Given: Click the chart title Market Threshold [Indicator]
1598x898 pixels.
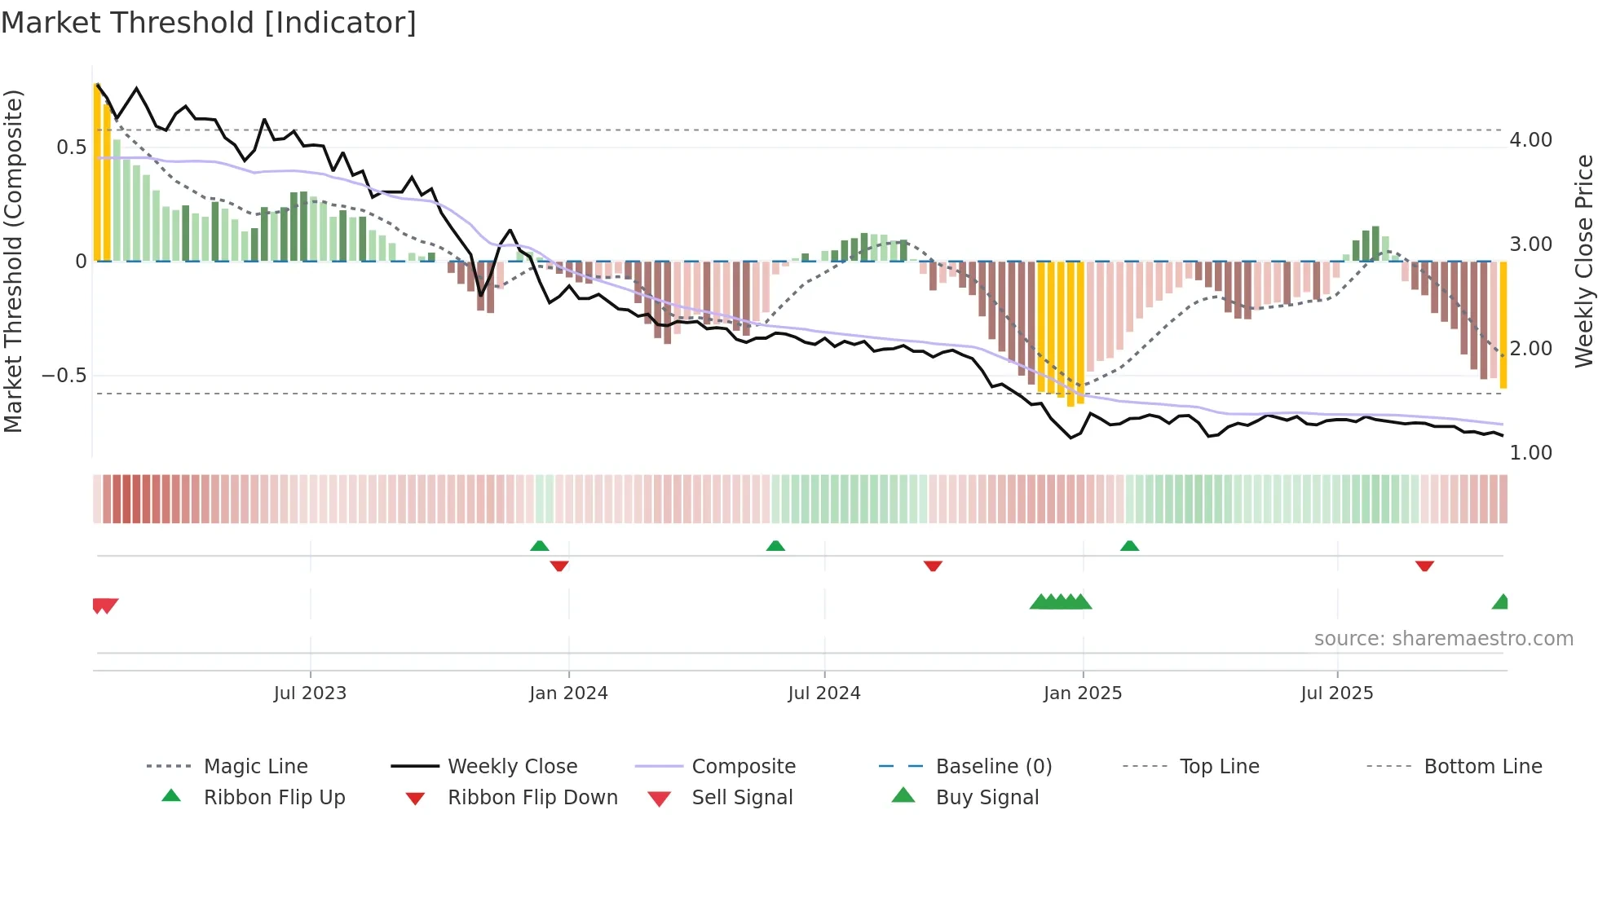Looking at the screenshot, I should coord(209,23).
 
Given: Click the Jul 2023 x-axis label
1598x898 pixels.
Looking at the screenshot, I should coord(310,693).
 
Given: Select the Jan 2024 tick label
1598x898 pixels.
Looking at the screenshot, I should coord(568,693).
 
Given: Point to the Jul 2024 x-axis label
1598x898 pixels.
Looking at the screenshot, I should coord(823,693).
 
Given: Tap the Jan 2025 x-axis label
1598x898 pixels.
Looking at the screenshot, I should coord(1082,693).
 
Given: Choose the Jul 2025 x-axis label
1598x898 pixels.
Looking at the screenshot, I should coord(1336,693).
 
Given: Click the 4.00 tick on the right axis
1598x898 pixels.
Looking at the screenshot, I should coord(1530,140).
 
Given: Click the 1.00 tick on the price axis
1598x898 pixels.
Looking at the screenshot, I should coord(1530,453).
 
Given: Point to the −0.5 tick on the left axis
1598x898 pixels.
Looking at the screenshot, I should coord(64,376).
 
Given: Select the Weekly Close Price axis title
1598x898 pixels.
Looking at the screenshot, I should coord(1583,261).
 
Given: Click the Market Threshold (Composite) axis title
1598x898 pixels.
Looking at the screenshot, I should coord(13,261).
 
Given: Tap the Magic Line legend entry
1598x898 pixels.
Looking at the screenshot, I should coord(255,767).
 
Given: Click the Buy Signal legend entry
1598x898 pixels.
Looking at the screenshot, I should coord(987,798).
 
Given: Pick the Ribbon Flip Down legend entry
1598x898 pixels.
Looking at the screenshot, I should coord(532,798).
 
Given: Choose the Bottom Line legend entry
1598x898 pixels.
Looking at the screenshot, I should coord(1482,767).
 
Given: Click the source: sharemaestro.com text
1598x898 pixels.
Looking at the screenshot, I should coord(1443,639).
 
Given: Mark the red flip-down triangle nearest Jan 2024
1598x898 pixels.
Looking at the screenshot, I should coord(559,566).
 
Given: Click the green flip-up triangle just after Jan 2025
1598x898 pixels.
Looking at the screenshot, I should coord(1129,546).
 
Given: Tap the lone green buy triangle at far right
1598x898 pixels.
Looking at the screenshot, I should coord(1500,602).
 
